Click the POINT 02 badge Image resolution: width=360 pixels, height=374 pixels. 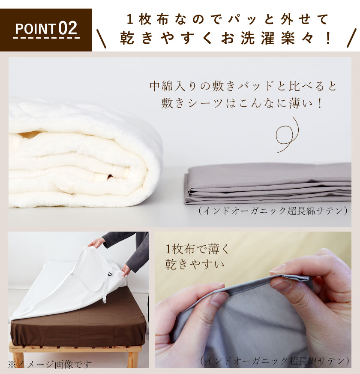tap(46, 30)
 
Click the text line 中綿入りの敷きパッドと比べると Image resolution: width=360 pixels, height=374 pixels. tap(243, 86)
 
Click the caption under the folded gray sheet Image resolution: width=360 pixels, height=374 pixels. tap(273, 211)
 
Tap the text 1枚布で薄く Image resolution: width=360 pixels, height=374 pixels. tap(198, 248)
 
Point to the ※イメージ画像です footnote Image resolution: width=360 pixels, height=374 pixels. tap(50, 365)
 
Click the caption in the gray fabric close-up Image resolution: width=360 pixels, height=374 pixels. tap(275, 361)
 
